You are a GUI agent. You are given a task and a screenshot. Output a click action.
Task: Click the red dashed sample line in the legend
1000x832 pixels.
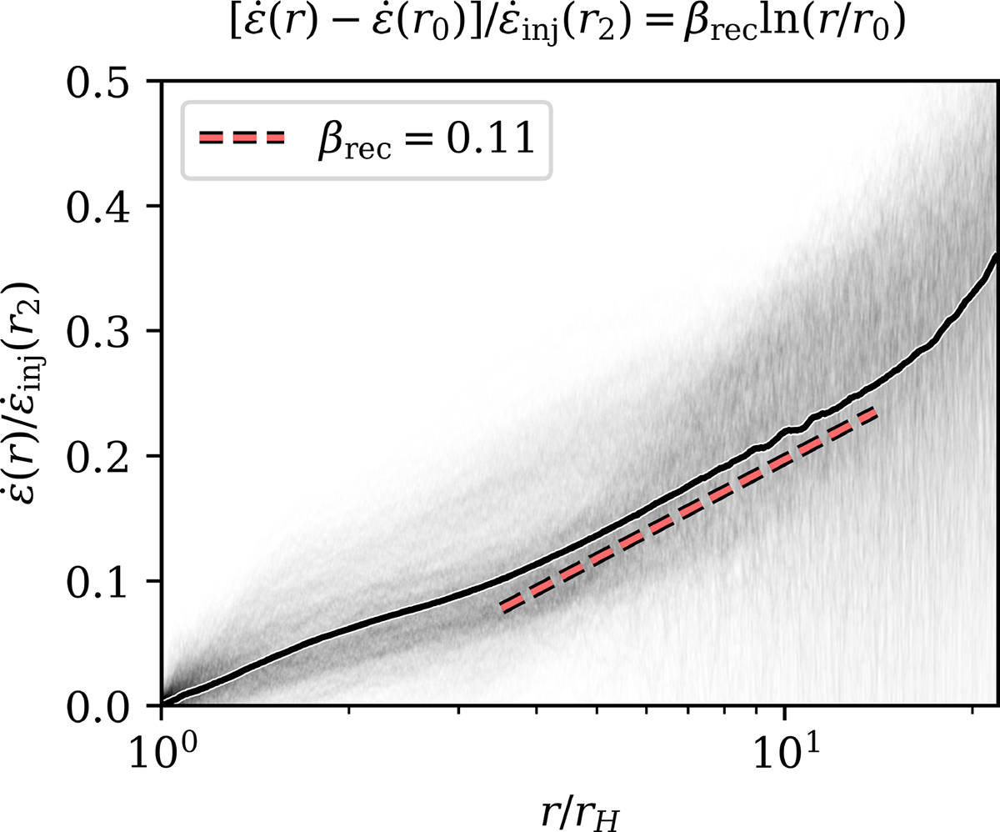(x=242, y=139)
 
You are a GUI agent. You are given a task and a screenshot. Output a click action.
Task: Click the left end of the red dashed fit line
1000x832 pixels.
(x=502, y=609)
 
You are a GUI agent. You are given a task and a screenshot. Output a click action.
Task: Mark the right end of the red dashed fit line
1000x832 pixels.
(x=877, y=413)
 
